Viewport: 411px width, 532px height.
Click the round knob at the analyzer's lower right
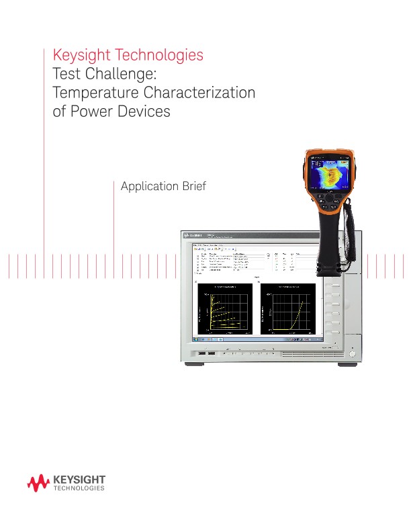coord(351,353)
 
